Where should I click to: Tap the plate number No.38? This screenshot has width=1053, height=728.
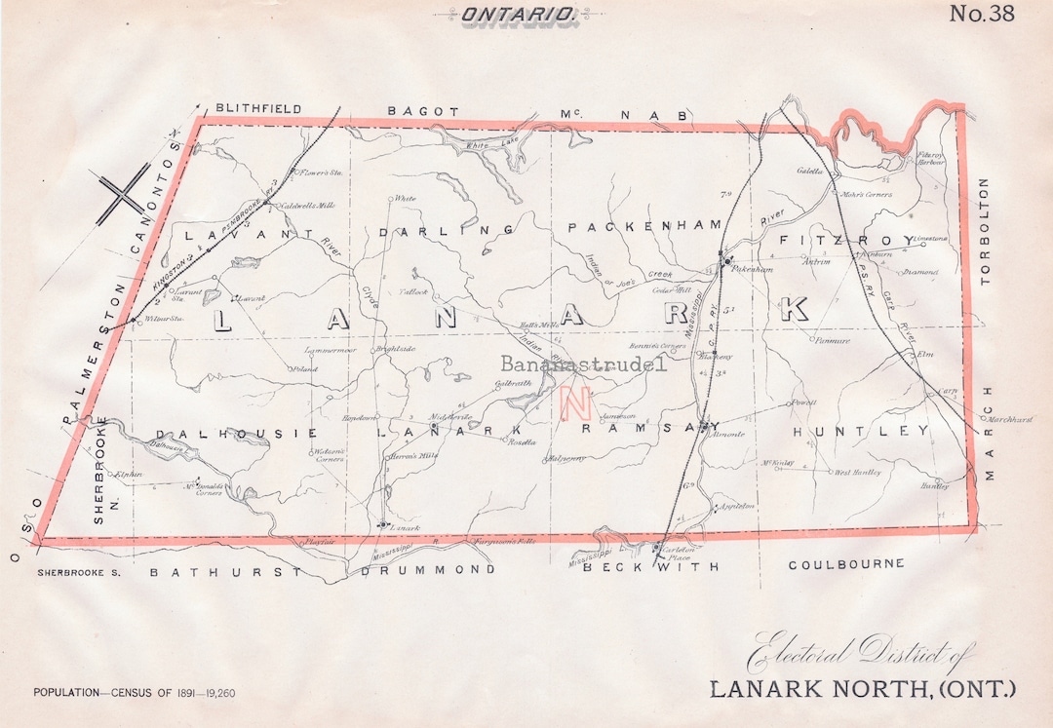tap(982, 14)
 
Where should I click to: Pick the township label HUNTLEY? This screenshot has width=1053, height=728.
tap(861, 431)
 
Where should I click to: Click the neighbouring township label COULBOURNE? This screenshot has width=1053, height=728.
tap(845, 564)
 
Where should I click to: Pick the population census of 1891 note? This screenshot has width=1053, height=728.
tap(134, 693)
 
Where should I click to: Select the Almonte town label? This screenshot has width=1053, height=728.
tap(728, 434)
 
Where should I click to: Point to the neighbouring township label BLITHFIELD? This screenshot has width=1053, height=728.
tap(258, 109)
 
